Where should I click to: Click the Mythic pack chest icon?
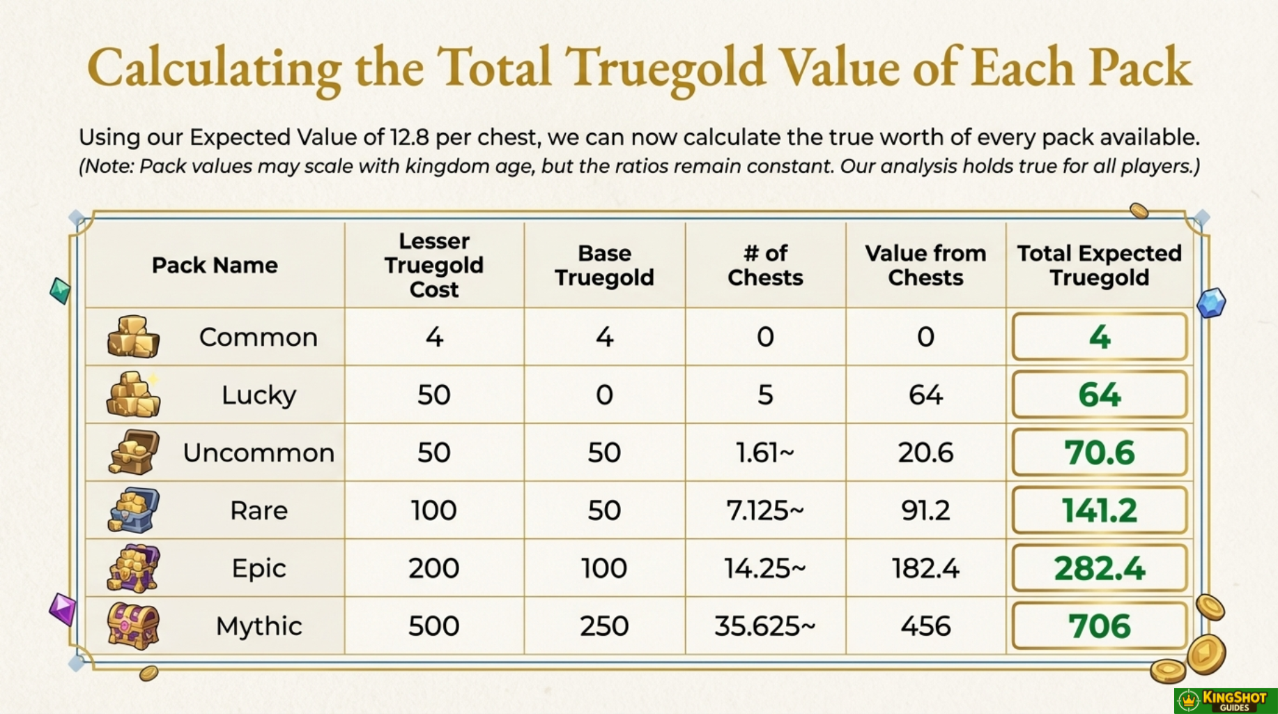tap(133, 625)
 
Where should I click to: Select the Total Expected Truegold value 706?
tap(1099, 626)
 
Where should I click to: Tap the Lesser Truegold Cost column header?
tap(433, 265)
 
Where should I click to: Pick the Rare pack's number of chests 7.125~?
tap(764, 510)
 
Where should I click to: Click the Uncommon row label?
tap(259, 453)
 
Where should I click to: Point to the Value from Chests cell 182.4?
tap(925, 568)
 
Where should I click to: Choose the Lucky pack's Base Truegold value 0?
tap(604, 395)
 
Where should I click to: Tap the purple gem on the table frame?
tap(63, 609)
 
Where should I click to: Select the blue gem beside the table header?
tap(1211, 303)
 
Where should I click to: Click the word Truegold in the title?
tap(668, 68)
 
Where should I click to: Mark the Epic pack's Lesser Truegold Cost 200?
tap(433, 568)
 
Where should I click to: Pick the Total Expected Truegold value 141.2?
tap(1099, 510)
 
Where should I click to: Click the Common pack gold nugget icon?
tap(133, 337)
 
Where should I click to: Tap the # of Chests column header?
tap(764, 265)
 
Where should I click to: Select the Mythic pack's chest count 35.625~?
tap(764, 626)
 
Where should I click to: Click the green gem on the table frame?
tap(61, 290)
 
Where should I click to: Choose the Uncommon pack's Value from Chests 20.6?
tap(925, 453)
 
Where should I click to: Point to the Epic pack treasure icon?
tap(133, 568)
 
